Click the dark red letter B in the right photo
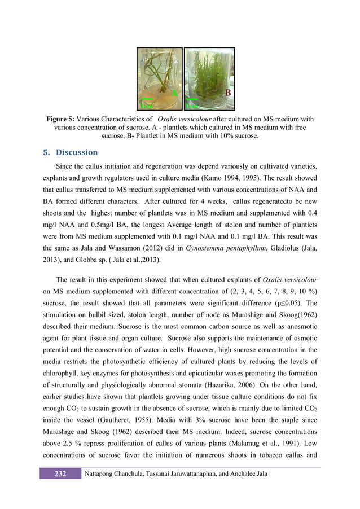228,92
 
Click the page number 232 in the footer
60,473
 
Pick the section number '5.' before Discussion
47,152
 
